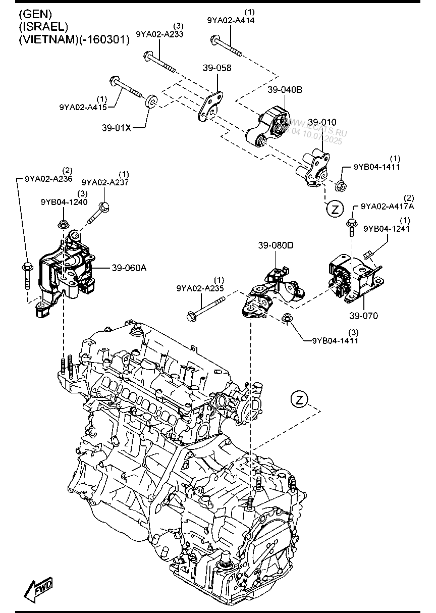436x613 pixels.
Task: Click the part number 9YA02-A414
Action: [231, 21]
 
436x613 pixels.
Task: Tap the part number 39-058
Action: [217, 68]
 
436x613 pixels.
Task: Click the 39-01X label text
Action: [117, 128]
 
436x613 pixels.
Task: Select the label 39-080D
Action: [276, 246]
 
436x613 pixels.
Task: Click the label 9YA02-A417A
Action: [387, 207]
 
